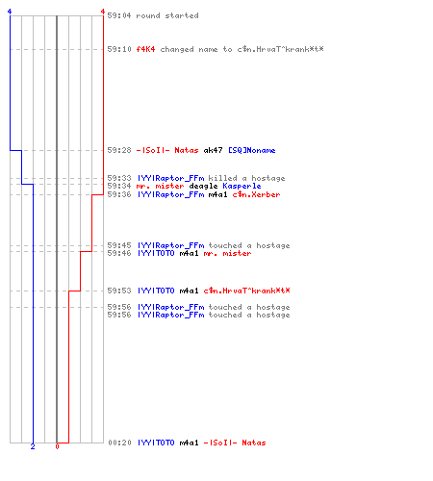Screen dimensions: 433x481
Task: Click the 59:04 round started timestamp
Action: [119, 15]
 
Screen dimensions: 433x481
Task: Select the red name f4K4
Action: [145, 49]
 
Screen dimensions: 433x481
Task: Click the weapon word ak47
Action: [213, 150]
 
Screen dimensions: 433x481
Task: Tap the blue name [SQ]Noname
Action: [252, 150]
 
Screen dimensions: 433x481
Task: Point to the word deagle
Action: [203, 187]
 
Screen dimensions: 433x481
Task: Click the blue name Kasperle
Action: [242, 187]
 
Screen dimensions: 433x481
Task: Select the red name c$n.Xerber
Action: [256, 194]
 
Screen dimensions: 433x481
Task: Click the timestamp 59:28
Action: [119, 150]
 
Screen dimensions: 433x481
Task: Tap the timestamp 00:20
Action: [119, 443]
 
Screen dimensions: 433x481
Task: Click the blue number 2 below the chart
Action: [33, 446]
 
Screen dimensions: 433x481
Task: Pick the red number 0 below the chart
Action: [57, 446]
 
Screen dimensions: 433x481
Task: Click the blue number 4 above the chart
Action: [10, 12]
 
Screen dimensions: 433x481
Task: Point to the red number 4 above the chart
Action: [103, 12]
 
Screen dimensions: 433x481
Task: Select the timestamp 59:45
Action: [119, 245]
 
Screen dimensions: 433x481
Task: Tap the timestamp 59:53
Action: [119, 291]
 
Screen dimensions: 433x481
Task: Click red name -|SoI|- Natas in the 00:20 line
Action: [235, 443]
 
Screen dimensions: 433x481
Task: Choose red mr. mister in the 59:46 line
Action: [227, 253]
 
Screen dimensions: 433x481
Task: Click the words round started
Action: [167, 15]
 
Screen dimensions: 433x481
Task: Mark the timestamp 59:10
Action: [119, 49]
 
